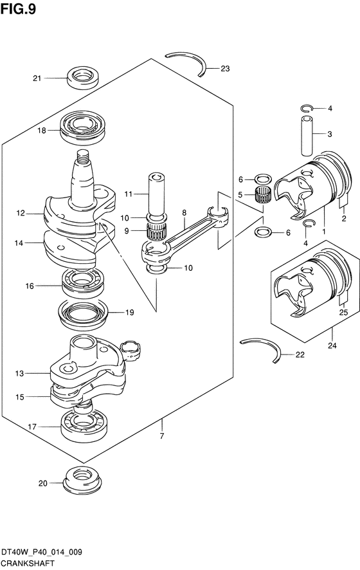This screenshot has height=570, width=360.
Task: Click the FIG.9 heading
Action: (x=18, y=9)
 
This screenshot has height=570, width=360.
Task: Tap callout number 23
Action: (x=225, y=68)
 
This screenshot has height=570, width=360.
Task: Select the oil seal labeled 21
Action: (x=84, y=77)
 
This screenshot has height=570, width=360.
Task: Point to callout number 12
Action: (x=21, y=214)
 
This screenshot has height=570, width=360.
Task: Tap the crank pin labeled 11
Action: (x=156, y=194)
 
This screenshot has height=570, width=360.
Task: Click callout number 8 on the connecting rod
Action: (x=184, y=213)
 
